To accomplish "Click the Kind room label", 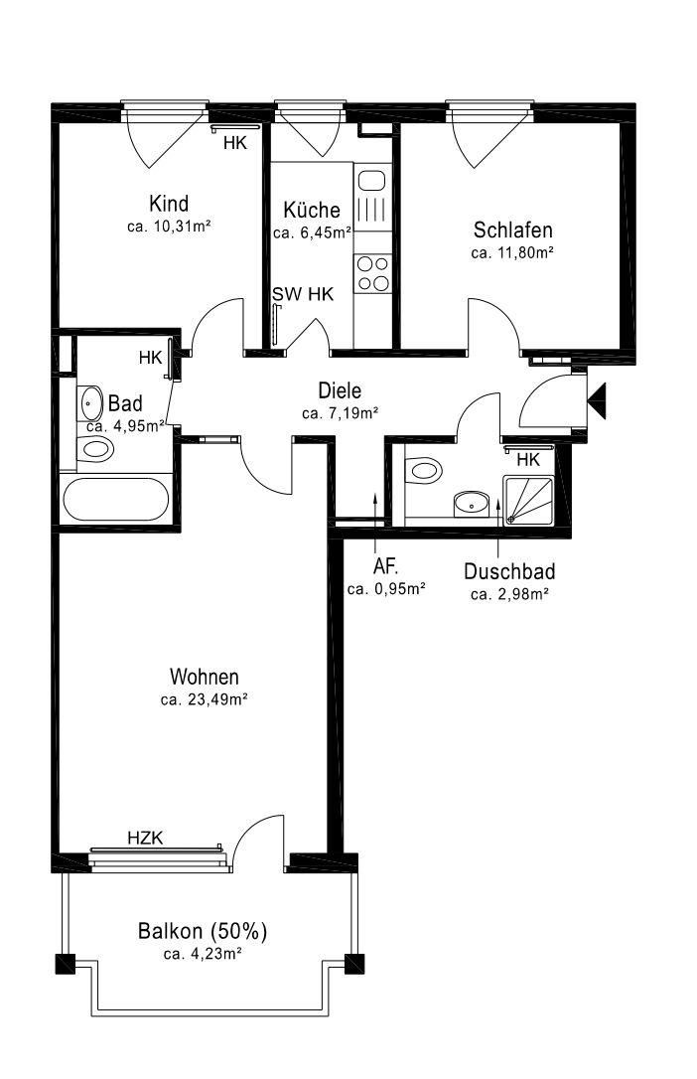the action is (x=169, y=204).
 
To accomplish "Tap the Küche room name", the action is (x=312, y=210).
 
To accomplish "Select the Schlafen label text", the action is (x=512, y=230).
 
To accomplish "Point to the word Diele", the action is (x=340, y=390).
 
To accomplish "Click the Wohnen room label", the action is (x=205, y=677).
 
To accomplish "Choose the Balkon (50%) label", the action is (x=203, y=931).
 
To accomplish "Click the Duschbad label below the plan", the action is (x=509, y=571).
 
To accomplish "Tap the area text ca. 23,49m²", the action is (x=205, y=699).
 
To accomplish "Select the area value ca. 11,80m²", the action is (x=512, y=252).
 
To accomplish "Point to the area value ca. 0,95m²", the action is (x=386, y=589).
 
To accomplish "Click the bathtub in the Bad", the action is (x=115, y=499).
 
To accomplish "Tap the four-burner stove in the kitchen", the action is (x=373, y=273).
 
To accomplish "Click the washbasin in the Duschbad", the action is (x=472, y=503).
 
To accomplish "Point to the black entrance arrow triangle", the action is (x=597, y=400).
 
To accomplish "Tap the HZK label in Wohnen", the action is (x=145, y=838).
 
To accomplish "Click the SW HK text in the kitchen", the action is (x=303, y=294).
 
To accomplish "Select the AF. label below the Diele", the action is (x=385, y=566).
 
